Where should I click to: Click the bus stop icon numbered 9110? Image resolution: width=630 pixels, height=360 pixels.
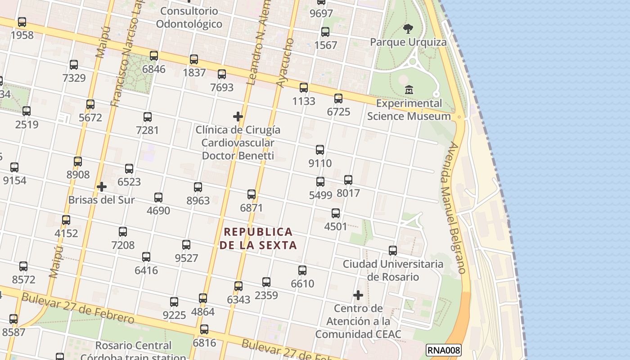320,150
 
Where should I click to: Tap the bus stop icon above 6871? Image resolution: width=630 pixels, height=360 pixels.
252,194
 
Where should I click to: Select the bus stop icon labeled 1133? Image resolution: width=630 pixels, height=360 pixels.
304,88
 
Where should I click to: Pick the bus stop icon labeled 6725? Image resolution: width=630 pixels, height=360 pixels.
338,98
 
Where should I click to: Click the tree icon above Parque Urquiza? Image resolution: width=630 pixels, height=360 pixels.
408,29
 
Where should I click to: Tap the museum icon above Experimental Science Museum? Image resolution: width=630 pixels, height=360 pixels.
409,90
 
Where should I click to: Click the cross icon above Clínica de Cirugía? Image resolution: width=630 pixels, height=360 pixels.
238,117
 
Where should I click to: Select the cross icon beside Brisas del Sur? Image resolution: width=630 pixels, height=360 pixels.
102,187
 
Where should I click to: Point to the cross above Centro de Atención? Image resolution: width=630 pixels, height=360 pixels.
358,295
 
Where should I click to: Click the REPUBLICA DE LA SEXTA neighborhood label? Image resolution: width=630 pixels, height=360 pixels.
258,238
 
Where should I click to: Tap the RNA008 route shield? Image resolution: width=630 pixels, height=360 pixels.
444,350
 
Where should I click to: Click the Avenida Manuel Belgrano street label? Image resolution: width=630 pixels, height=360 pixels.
456,208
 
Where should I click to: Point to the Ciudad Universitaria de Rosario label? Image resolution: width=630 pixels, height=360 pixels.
393,270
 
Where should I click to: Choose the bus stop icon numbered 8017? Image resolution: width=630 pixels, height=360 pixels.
348,180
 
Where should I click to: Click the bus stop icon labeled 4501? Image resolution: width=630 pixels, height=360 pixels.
336,213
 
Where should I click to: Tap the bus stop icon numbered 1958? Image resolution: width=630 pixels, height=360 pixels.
22,22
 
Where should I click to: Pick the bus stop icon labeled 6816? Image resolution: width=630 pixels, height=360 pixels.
204,329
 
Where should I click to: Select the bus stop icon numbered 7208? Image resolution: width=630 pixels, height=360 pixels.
123,232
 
